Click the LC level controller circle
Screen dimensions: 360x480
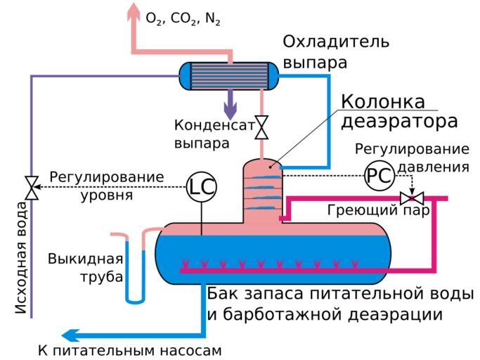coord(202,186)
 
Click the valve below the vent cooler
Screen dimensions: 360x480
coord(262,127)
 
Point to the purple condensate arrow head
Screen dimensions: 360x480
coord(230,112)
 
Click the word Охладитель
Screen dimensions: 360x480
coord(335,41)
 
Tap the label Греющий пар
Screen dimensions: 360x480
coord(378,210)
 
